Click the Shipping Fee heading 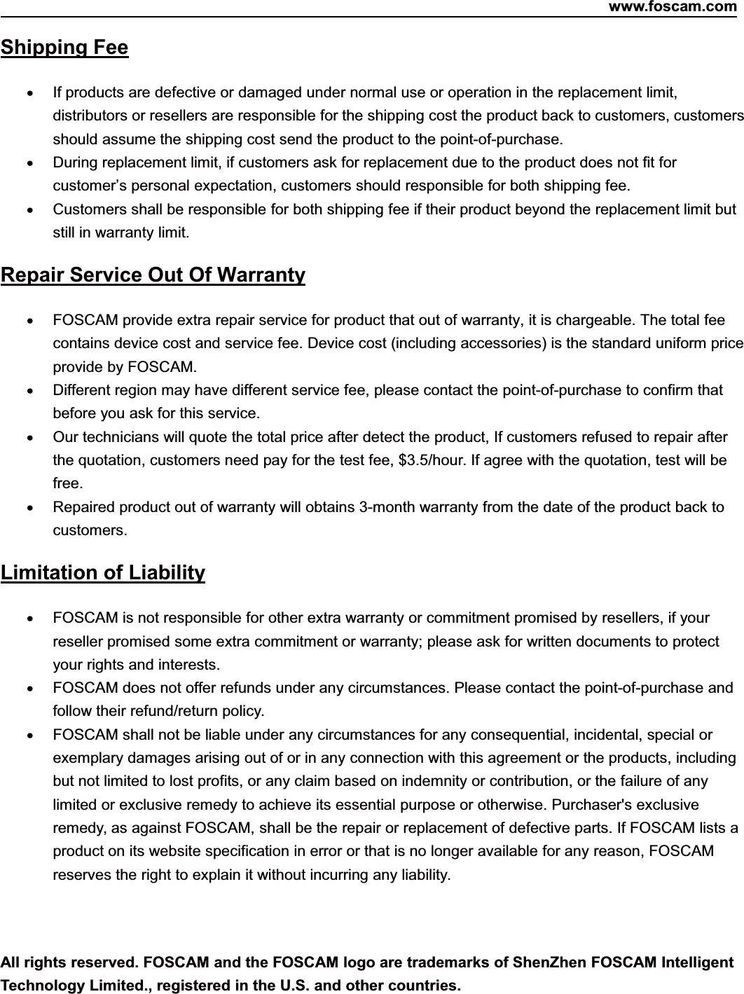point(64,48)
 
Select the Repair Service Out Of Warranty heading point(153,275)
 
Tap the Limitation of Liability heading point(103,573)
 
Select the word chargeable point(593,321)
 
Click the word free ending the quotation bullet point(66,483)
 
